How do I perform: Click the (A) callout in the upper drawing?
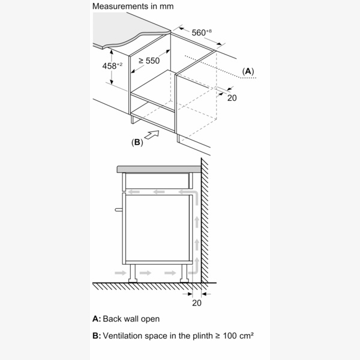(x=248, y=71)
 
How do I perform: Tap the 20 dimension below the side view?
(x=197, y=303)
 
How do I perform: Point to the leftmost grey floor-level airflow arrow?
(x=120, y=273)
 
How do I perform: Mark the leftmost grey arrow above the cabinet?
(x=135, y=193)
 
